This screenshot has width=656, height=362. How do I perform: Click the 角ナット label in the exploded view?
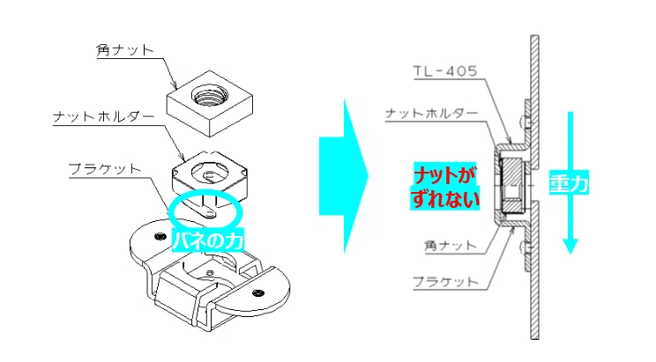coord(125,50)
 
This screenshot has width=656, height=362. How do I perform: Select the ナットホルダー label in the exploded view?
coord(104,116)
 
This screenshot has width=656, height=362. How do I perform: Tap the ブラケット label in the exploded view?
coord(105,169)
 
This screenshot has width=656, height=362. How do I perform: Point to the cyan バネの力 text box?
coord(208,240)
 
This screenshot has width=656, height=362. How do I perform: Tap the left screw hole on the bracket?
coord(160,237)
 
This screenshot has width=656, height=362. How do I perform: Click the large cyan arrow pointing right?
coord(343,176)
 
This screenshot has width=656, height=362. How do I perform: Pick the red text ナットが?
coord(445,174)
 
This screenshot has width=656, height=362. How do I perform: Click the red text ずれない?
coord(445,197)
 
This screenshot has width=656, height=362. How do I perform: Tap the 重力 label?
coord(569,182)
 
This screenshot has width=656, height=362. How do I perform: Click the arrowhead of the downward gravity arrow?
coord(570,246)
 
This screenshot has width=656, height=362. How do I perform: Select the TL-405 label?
coord(445,71)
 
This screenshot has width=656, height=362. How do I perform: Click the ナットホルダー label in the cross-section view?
coord(431,114)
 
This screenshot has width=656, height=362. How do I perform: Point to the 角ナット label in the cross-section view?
coord(451,246)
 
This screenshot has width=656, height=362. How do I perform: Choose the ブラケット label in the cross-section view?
coord(445,282)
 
